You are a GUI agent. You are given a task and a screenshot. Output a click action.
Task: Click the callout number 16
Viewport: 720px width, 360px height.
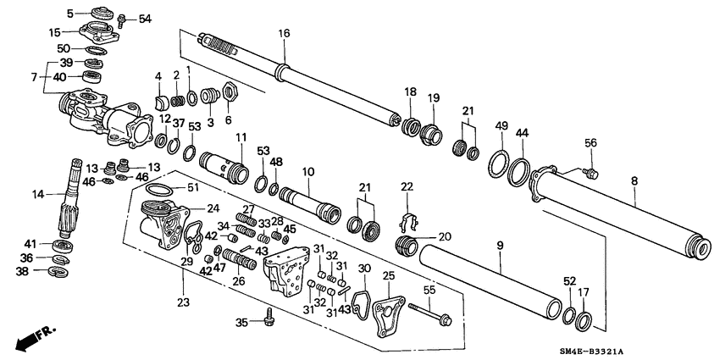click(284, 33)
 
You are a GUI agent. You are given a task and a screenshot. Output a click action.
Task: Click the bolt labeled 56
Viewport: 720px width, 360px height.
click(590, 174)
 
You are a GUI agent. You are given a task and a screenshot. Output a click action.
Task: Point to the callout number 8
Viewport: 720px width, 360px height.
click(635, 180)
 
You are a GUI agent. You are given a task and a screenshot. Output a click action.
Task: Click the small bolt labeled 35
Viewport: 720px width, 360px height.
click(269, 321)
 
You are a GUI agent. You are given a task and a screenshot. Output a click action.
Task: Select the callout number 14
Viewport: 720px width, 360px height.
click(37, 194)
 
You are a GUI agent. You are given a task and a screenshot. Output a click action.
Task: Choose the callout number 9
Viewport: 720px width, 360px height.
click(499, 246)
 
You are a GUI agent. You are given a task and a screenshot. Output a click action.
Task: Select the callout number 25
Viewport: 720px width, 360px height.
click(389, 275)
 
